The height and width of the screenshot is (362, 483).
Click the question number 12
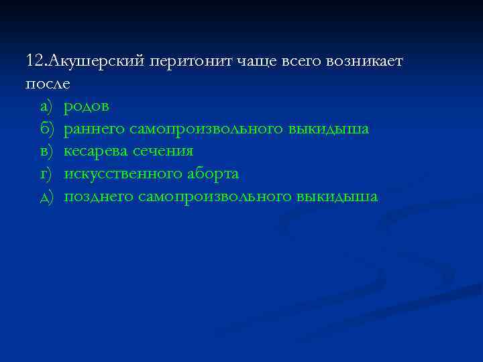pyautogui.click(x=34, y=61)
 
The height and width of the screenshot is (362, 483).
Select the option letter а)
pyautogui.click(x=46, y=107)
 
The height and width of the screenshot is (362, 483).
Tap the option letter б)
pyautogui.click(x=46, y=129)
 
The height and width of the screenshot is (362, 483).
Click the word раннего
pyautogui.click(x=99, y=129)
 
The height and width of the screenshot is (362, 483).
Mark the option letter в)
pyautogui.click(x=46, y=152)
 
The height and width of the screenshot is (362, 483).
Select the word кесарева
pyautogui.click(x=101, y=152)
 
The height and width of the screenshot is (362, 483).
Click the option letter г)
pyautogui.click(x=46, y=174)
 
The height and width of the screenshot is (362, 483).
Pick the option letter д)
pyautogui.click(x=46, y=197)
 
